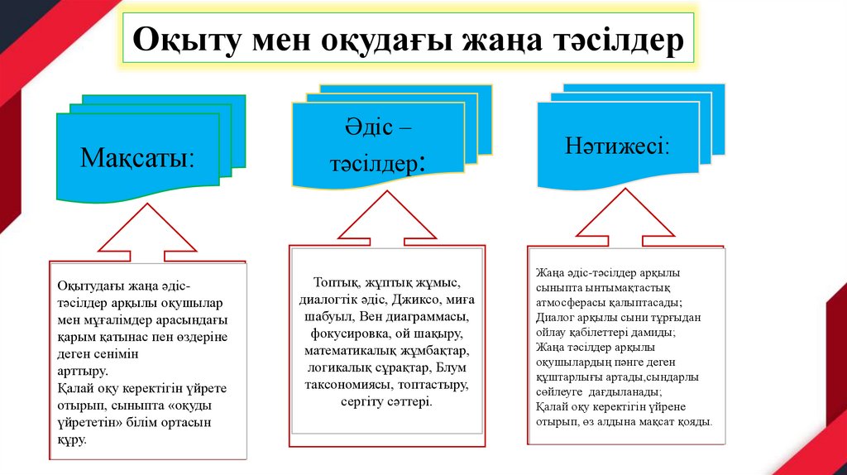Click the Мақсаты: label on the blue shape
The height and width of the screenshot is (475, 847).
[x=138, y=156]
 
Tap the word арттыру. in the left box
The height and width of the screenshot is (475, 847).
[x=83, y=371]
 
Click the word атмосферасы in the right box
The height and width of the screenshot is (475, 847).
[x=570, y=302]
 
